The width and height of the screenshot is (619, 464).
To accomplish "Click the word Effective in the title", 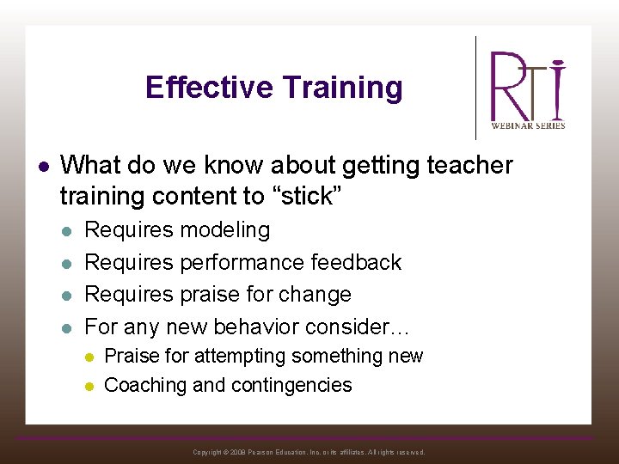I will pos(209,88).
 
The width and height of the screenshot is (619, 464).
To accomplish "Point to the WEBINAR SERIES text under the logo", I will pos(528,125).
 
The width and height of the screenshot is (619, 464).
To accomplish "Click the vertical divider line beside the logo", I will pos(476,88).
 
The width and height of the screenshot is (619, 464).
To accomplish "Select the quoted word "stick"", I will pos(306,197).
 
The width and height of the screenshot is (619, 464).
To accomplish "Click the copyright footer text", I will pos(309,452).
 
